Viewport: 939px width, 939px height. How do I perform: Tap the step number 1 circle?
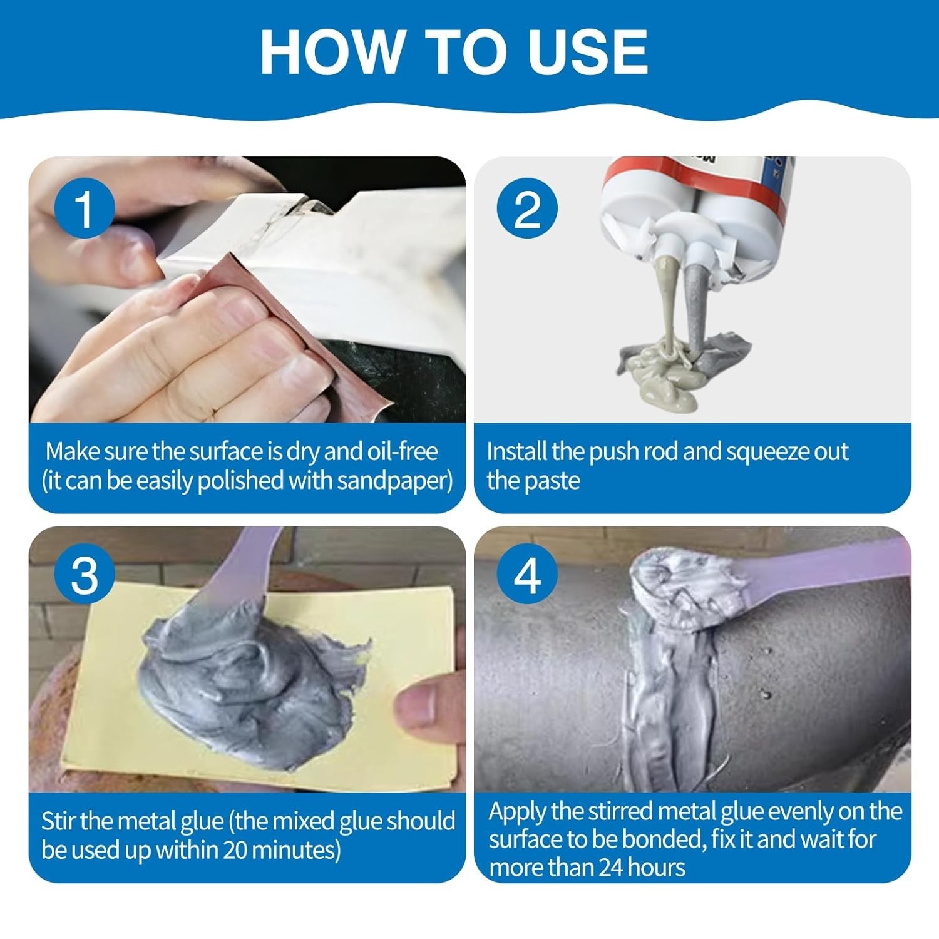pos(85,208)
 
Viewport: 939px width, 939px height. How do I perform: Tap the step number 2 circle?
pos(526,208)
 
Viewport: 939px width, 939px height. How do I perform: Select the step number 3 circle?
pos(85,575)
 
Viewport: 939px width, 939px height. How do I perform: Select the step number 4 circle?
pos(526,575)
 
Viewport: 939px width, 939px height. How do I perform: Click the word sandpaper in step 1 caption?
pos(393,481)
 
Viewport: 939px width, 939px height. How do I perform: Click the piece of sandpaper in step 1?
pos(294,326)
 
